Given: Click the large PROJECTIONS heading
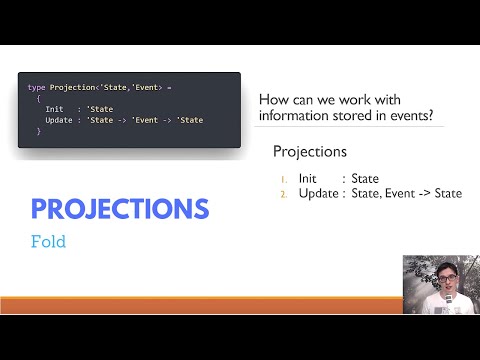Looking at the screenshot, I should click(119, 209).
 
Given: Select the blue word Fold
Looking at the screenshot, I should click(48, 241).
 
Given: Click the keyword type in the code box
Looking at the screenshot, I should click(36, 88).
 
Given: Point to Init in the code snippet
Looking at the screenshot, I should click(55, 109).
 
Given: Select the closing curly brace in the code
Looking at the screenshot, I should click(37, 131).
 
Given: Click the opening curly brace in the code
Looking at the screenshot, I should click(37, 98).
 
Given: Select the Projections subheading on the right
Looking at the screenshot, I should click(310, 152).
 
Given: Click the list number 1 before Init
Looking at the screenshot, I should click(285, 179).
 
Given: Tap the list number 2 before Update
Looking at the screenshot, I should click(285, 193).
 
